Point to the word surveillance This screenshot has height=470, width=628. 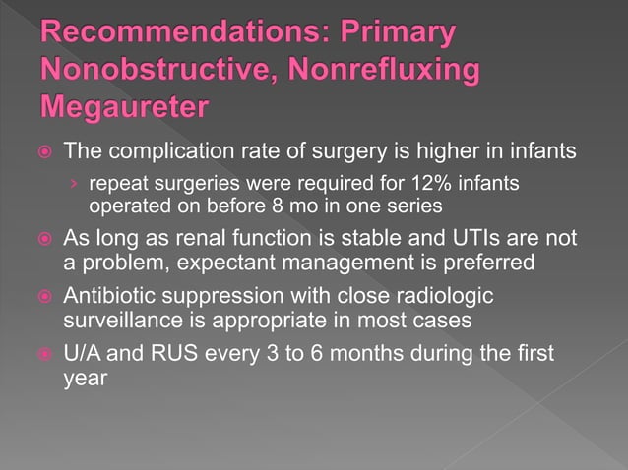coord(127,322)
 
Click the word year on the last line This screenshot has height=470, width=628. coord(84,379)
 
